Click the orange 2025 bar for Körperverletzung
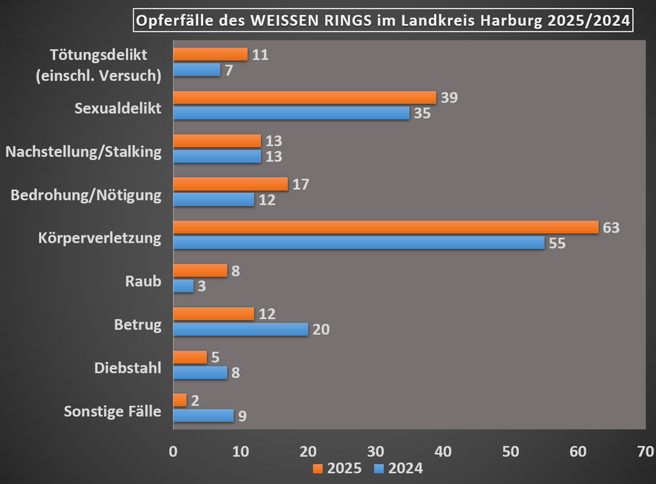(x=385, y=227)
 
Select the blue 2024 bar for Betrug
(x=240, y=329)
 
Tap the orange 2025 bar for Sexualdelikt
(x=304, y=97)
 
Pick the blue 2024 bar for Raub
(x=183, y=286)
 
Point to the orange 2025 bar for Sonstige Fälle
(x=180, y=400)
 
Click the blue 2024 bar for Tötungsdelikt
(x=196, y=70)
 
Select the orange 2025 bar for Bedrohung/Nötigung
(x=230, y=184)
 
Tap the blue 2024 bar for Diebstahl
(x=200, y=372)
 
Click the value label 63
(x=611, y=227)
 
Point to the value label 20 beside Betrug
(x=321, y=329)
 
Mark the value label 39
(x=449, y=97)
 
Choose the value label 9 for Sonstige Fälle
(x=242, y=416)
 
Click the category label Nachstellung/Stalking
(x=83, y=152)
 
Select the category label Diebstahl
(x=128, y=368)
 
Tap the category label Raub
(x=143, y=281)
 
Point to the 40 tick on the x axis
(x=443, y=451)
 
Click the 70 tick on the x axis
(x=645, y=451)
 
